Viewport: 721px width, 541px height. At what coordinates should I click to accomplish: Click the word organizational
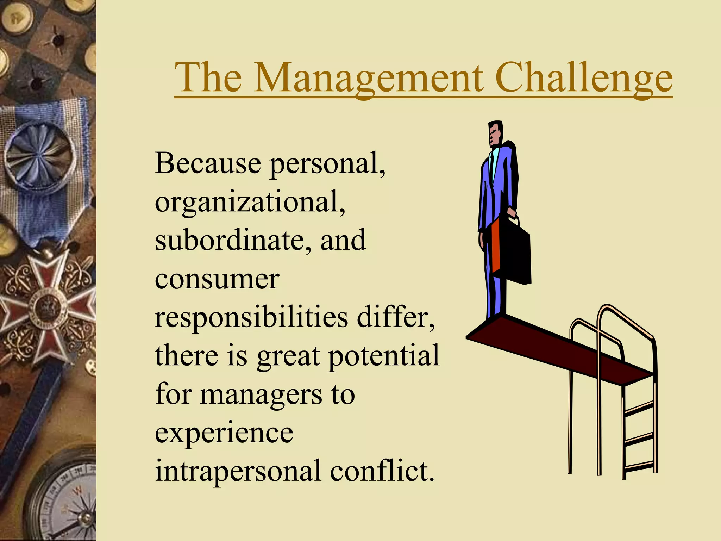pos(249,203)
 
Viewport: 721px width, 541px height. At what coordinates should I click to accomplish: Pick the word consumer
pos(217,279)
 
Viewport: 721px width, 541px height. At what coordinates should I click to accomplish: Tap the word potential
pos(384,356)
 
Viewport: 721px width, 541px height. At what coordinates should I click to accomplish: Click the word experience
pos(224,433)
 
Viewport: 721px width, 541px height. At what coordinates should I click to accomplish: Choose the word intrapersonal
pos(238,471)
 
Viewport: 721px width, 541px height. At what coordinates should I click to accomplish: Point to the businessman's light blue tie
pos(495,162)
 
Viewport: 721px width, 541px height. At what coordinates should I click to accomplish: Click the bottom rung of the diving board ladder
pos(639,467)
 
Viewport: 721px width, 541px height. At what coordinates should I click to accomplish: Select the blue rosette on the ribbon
pos(39,155)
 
